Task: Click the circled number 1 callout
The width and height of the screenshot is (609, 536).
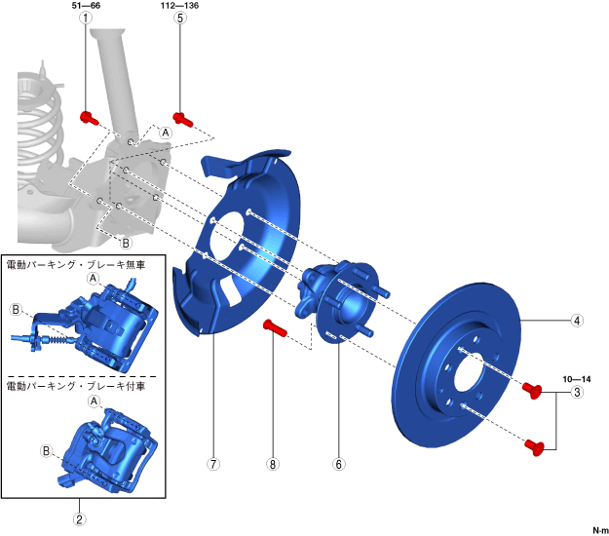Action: pyautogui.click(x=86, y=18)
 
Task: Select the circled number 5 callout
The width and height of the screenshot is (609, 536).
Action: pyautogui.click(x=180, y=18)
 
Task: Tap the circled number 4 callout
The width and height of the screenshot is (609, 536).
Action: pyautogui.click(x=577, y=321)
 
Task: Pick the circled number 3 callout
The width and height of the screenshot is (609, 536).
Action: pyautogui.click(x=577, y=393)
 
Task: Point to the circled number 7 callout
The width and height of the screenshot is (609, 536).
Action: pyautogui.click(x=213, y=464)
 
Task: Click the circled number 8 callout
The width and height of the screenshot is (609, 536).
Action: pyautogui.click(x=273, y=464)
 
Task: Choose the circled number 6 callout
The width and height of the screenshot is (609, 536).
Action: pyautogui.click(x=339, y=464)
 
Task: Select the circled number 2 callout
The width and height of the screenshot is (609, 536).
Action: pyautogui.click(x=79, y=519)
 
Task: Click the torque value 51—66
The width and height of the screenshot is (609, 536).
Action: pyautogui.click(x=86, y=6)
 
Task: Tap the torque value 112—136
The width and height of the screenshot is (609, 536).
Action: pyautogui.click(x=180, y=6)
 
